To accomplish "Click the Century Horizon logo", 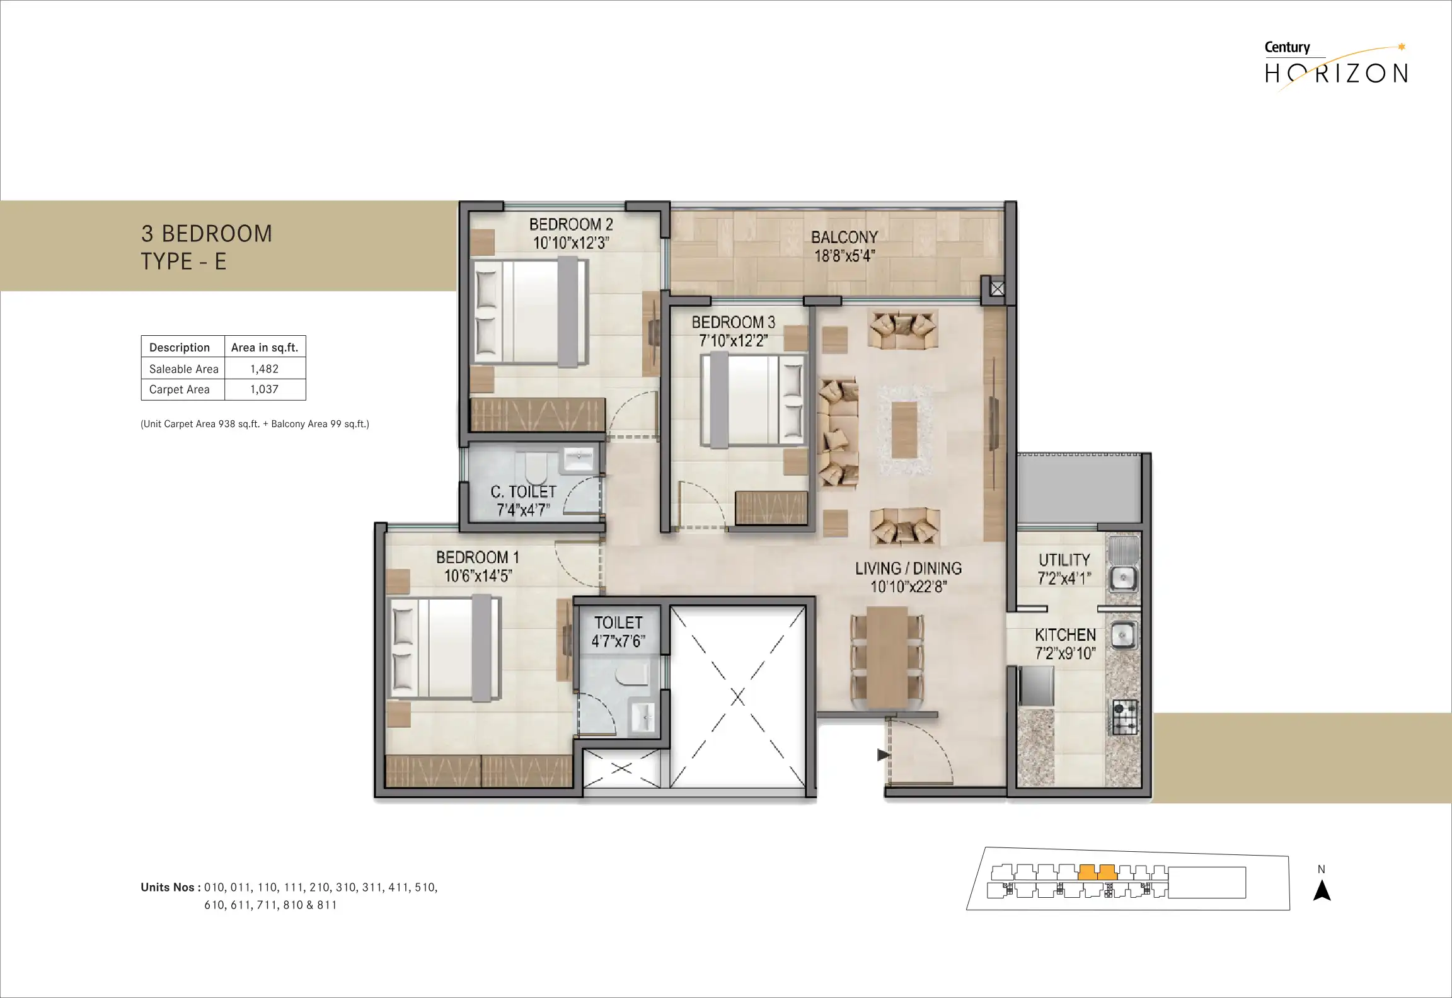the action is click(1336, 66).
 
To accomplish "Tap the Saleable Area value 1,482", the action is click(264, 369).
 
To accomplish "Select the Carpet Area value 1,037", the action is click(264, 389).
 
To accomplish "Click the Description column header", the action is click(180, 347).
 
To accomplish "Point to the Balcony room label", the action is click(844, 238).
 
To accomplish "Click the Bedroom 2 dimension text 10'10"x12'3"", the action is click(571, 243).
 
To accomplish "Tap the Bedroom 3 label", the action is click(733, 323).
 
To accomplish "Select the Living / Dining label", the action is click(908, 568).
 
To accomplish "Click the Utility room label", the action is click(1064, 560).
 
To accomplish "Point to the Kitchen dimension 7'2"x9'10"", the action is click(1065, 653).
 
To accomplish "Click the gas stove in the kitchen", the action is click(1125, 717).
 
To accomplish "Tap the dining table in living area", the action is click(887, 658).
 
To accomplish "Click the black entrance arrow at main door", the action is click(884, 755).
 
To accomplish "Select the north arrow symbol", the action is click(1322, 891).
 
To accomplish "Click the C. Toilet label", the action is click(523, 492).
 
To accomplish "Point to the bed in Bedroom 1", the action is click(445, 649).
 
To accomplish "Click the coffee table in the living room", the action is click(904, 430).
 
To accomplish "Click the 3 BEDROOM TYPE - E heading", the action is click(207, 248).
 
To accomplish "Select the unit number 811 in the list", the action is click(327, 905).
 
